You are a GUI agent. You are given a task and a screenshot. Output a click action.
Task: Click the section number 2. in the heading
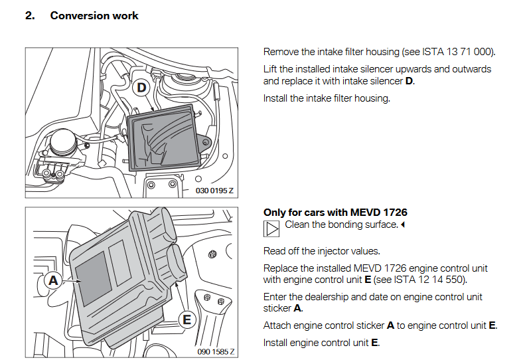point(30,15)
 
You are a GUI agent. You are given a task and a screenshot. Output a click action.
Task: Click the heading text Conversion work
point(94,15)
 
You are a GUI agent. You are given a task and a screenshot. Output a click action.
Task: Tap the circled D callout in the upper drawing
point(141,88)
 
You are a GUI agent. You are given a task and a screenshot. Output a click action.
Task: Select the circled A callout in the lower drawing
point(52,281)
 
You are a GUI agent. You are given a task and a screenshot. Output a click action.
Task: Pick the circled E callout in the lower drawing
point(187,320)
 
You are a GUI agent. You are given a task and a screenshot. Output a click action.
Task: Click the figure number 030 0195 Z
point(214,191)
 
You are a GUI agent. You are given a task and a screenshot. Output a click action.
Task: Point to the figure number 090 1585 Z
point(215,351)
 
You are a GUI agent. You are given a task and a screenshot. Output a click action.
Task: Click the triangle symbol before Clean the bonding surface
point(272,229)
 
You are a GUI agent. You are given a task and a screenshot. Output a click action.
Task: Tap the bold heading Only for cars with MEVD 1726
point(335,213)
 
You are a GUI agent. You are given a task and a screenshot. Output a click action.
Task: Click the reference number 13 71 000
point(469,52)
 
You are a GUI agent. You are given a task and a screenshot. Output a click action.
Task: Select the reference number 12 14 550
point(441,280)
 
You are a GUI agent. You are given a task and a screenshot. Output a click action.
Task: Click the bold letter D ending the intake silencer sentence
point(409,81)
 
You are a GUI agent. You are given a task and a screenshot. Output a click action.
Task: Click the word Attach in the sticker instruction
point(278,325)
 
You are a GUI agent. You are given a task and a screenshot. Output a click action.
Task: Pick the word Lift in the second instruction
point(271,69)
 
